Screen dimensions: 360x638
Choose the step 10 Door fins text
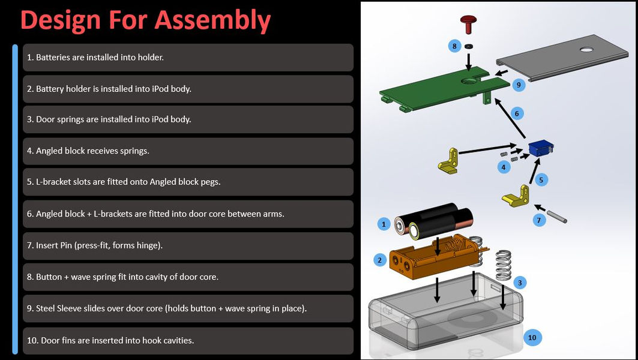point(110,340)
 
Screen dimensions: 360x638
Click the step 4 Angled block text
point(88,151)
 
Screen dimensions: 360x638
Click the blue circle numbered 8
point(454,46)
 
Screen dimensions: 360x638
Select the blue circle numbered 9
point(518,85)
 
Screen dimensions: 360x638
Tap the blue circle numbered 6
point(516,113)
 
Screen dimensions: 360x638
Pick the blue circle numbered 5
point(540,179)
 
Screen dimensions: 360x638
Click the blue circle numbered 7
point(538,220)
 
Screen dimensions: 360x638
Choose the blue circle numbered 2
point(379,260)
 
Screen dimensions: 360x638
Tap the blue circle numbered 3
point(520,282)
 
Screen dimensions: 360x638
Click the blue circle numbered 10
point(532,337)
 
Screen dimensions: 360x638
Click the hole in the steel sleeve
point(586,50)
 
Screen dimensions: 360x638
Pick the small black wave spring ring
point(469,46)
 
